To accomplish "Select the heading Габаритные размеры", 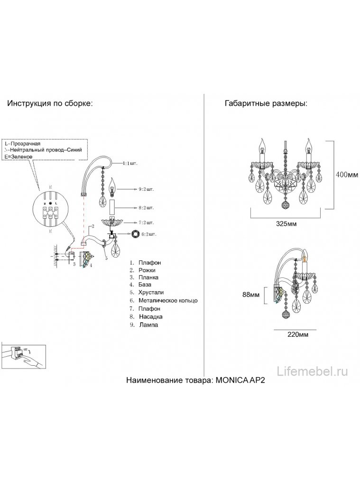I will (x=266, y=104).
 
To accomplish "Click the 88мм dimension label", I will (x=251, y=295).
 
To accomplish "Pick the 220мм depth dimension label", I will (x=295, y=334).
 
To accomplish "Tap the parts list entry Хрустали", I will (x=152, y=293).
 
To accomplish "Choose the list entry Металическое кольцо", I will (x=168, y=301).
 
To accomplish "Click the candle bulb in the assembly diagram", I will (x=113, y=186).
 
